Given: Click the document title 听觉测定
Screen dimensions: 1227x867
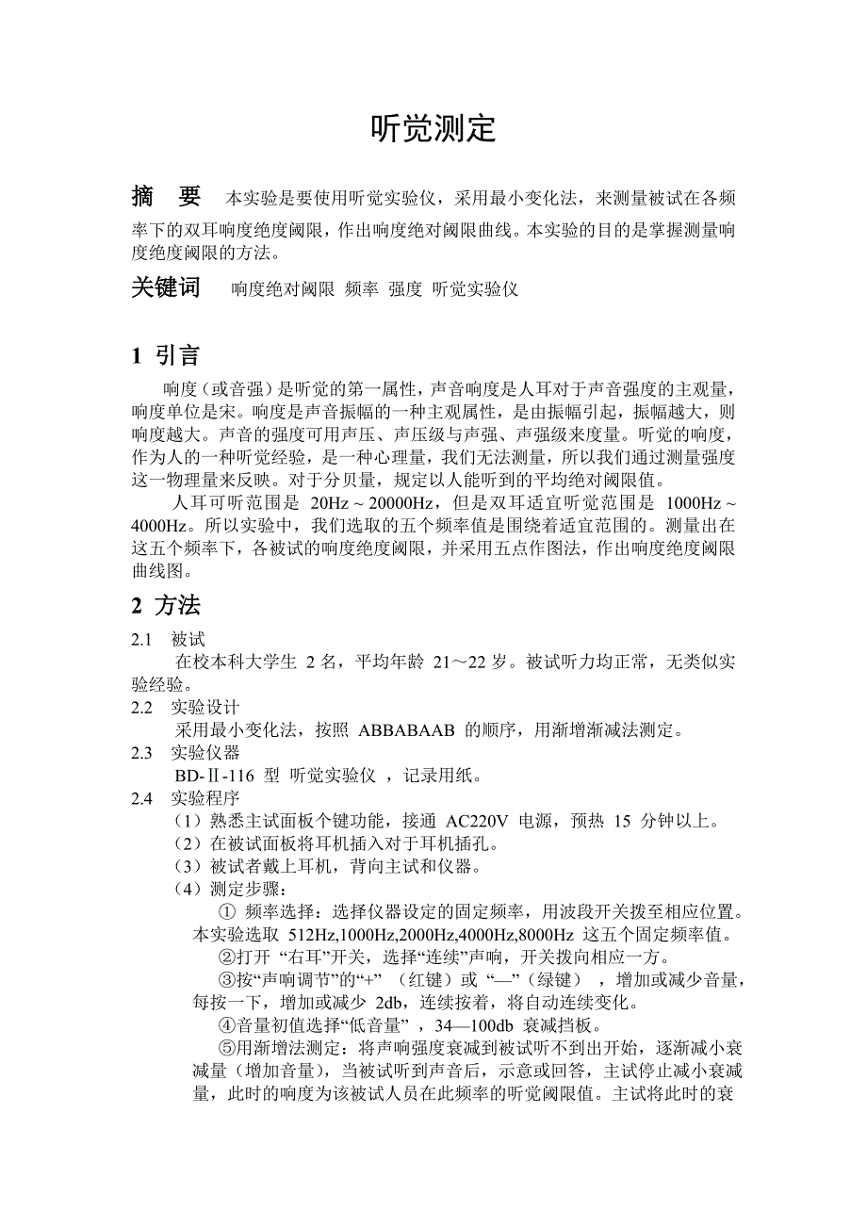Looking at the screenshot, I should [x=433, y=129].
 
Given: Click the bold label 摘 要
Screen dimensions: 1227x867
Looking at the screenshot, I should [x=166, y=197].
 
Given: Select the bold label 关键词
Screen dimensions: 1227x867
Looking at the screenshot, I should [x=166, y=288].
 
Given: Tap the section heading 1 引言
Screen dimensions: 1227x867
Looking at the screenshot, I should [x=166, y=355].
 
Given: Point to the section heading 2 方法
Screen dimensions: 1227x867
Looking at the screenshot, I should [x=166, y=605].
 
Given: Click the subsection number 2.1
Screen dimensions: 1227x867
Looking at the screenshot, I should [x=141, y=639].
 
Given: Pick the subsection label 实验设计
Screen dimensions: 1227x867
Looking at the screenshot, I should [x=205, y=707].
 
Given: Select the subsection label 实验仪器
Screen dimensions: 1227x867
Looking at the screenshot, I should [x=205, y=753].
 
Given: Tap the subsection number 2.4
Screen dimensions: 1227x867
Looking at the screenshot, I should [x=141, y=798].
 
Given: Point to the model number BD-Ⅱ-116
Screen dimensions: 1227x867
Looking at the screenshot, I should [x=219, y=776].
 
